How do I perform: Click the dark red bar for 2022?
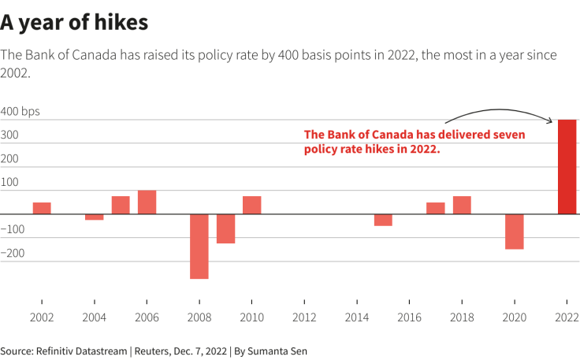(567, 166)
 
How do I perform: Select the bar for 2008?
(199, 246)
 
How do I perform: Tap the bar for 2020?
(515, 232)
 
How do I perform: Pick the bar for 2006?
(147, 202)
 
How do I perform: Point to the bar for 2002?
(42, 208)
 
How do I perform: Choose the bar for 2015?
(383, 220)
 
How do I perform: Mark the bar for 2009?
(225, 228)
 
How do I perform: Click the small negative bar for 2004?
(95, 217)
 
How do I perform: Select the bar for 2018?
(462, 205)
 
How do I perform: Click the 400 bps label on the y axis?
(20, 112)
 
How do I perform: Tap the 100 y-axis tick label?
(9, 183)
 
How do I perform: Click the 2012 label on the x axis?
(304, 317)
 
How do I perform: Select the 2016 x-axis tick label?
(409, 317)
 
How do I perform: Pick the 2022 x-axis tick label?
(567, 317)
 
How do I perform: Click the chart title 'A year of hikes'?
(74, 23)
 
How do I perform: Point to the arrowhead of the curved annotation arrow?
(551, 121)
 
